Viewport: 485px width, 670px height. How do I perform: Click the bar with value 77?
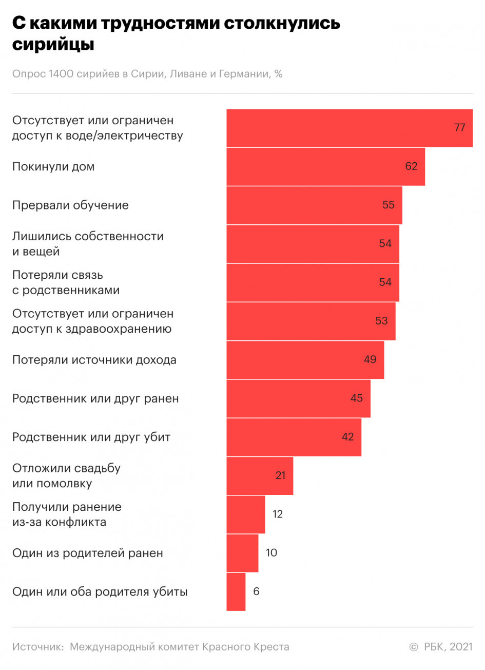(349, 128)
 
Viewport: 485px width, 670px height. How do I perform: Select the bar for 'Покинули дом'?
(325, 167)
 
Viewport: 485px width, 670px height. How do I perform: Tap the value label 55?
(389, 205)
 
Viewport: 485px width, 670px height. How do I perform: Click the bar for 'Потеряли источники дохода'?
(305, 360)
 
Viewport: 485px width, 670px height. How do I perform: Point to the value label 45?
(356, 398)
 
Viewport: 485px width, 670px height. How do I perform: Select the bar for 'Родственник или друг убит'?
(294, 437)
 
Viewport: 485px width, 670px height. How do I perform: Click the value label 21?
(280, 475)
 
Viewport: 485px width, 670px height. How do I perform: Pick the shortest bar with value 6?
(236, 591)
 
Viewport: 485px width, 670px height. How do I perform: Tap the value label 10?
(271, 553)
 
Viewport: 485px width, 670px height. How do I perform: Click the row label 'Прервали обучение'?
(70, 205)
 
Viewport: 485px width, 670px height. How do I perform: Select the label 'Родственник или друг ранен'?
(95, 398)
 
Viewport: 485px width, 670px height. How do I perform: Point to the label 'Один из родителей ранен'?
(88, 553)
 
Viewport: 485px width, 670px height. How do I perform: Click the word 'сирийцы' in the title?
(53, 45)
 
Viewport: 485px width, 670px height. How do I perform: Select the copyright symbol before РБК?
(414, 647)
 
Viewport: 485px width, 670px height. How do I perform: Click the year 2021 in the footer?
(461, 647)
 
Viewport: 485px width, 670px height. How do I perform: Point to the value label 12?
(278, 514)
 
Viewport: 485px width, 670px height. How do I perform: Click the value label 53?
(381, 321)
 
